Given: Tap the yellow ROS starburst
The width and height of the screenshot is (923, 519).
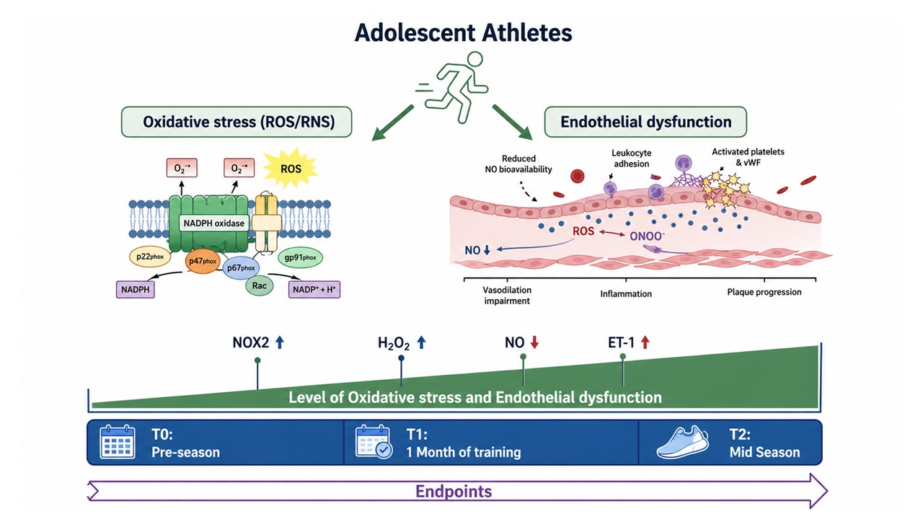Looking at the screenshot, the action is click(x=291, y=169).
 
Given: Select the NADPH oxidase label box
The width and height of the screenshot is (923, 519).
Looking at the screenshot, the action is click(x=214, y=223).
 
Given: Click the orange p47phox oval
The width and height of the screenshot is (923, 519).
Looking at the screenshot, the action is click(x=203, y=261).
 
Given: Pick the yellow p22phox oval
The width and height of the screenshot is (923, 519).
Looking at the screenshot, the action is click(x=149, y=256).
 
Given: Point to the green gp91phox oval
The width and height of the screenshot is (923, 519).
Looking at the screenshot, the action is click(x=301, y=257).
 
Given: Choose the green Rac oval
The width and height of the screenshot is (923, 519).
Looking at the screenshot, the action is click(x=259, y=285).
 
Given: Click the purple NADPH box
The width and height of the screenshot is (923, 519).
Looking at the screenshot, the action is click(x=135, y=289).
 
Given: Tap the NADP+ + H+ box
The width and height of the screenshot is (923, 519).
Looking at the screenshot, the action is click(x=314, y=289).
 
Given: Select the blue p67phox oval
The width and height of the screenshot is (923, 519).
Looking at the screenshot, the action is click(x=241, y=267).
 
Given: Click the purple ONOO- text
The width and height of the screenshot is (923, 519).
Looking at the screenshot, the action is click(x=647, y=236).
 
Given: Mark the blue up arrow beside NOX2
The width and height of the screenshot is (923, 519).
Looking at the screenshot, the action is click(x=279, y=342).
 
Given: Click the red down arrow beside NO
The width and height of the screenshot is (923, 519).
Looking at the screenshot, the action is click(x=534, y=342).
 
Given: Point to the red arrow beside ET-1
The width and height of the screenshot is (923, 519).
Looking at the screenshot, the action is click(x=645, y=342).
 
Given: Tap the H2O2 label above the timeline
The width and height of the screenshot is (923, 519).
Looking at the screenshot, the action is click(x=394, y=343).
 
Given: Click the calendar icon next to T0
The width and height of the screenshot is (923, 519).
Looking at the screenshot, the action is click(x=118, y=442).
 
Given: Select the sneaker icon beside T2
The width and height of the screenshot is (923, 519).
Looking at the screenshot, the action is click(x=683, y=442).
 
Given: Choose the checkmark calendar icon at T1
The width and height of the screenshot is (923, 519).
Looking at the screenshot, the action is click(x=374, y=442).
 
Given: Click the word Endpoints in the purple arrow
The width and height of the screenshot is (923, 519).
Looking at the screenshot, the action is click(x=454, y=492).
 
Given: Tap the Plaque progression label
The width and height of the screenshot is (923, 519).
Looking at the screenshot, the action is click(x=764, y=292).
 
